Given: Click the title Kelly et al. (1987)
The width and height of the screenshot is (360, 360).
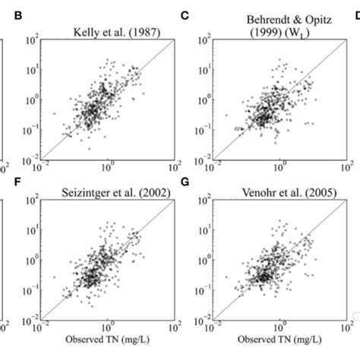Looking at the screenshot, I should click(x=109, y=30).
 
